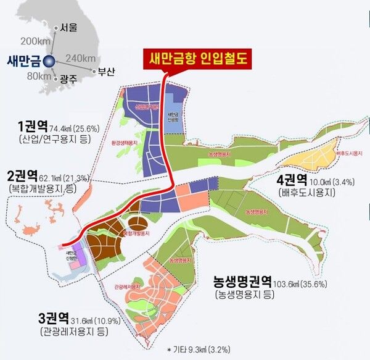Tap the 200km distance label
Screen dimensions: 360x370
[x=30, y=41]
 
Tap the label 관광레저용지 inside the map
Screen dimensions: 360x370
[x=127, y=287]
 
